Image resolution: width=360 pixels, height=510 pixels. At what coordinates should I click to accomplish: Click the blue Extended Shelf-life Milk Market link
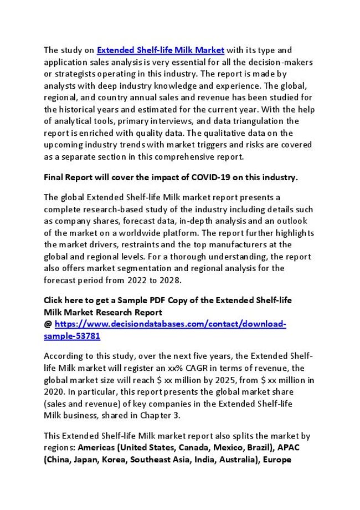pos(161,50)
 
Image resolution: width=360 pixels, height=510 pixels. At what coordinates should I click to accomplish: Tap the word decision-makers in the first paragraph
pos(285,62)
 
